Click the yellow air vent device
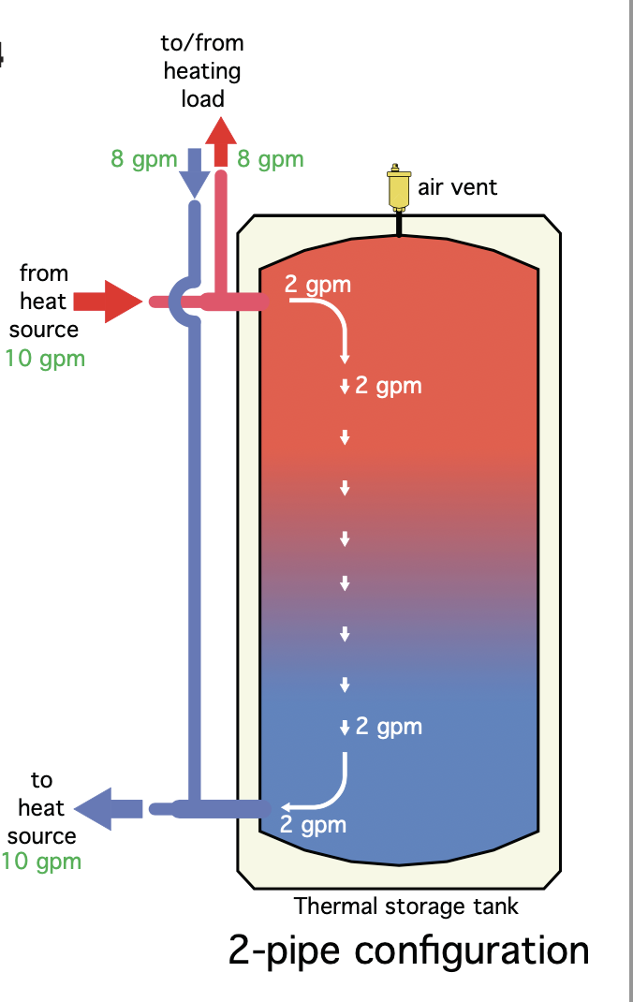(400, 188)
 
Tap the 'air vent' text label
(457, 186)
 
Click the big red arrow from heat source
(105, 301)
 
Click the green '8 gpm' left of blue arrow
(143, 159)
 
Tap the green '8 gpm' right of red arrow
(271, 159)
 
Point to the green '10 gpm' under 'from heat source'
(45, 358)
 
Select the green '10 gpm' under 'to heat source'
(41, 862)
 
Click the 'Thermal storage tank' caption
(405, 906)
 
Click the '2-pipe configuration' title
(408, 950)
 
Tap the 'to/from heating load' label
(202, 70)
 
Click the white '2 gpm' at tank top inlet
(317, 284)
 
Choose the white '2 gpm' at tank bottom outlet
(313, 825)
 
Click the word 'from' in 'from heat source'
(44, 273)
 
